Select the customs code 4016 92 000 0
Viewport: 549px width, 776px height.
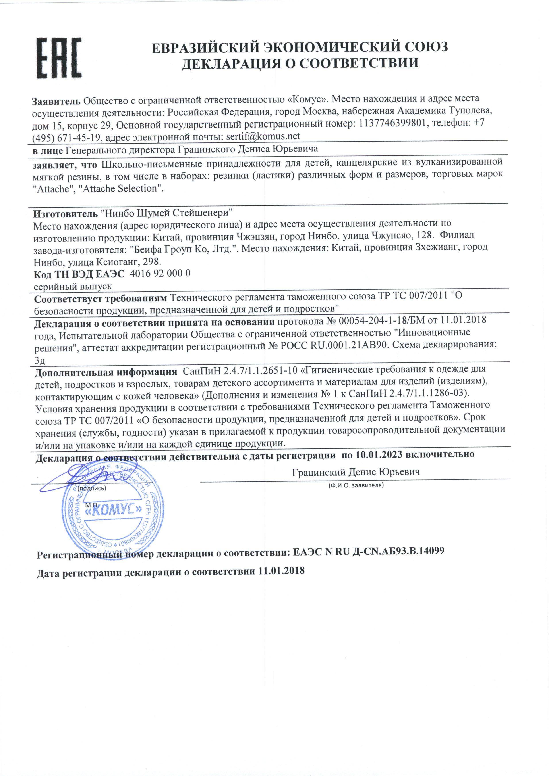[160, 273]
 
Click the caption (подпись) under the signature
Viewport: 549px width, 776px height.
[91, 488]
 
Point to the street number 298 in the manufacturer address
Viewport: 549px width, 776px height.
[152, 262]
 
